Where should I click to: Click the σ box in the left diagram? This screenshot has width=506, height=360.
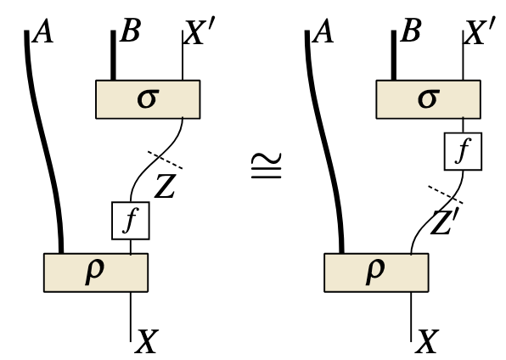pos(146,99)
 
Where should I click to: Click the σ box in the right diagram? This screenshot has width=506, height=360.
pos(428,99)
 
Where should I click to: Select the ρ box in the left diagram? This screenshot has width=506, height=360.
pos(95,272)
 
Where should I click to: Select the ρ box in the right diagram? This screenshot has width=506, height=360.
pos(376,272)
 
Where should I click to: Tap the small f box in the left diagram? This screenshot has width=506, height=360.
pos(130,220)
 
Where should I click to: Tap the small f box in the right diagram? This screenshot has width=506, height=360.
pos(463,153)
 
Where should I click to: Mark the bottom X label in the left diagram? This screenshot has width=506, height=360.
pos(148,341)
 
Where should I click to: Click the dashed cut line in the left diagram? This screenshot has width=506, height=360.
pos(165,160)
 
